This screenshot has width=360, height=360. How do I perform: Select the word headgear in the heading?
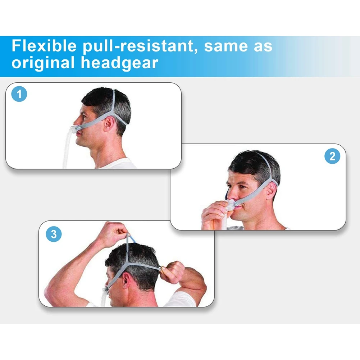coord(119,63)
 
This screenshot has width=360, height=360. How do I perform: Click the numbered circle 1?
coord(19,95)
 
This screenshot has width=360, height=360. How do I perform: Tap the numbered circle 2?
coord(332,156)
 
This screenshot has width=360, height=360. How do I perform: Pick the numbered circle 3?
coord(54,234)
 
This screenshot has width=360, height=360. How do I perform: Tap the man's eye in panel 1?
coord(84,115)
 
